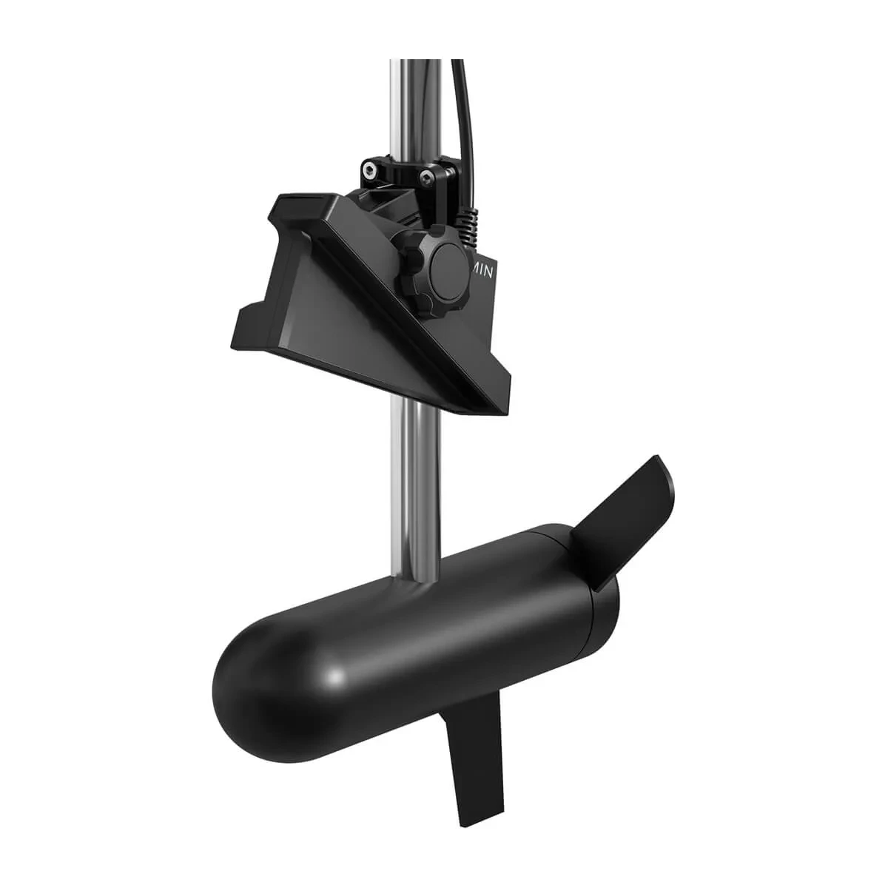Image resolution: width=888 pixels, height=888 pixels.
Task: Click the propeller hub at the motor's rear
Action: (592, 592)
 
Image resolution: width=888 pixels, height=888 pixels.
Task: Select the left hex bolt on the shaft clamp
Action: (369, 171)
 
